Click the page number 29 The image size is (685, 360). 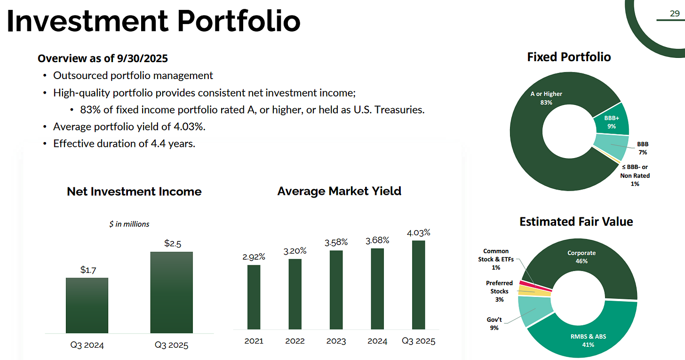(x=674, y=14)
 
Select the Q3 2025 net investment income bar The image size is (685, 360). (x=171, y=292)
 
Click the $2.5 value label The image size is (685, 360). (x=172, y=243)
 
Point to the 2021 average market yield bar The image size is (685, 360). (x=254, y=296)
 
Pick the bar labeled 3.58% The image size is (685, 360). (x=336, y=289)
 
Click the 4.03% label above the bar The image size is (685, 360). (x=418, y=232)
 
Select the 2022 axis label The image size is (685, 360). (x=295, y=341)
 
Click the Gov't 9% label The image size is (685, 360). (x=494, y=323)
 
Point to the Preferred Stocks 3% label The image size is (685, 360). (x=499, y=291)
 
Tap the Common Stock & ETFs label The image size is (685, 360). (x=496, y=259)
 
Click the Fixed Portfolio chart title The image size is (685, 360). (x=569, y=57)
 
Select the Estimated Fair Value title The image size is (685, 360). (x=576, y=221)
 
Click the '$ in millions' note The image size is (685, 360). (x=129, y=224)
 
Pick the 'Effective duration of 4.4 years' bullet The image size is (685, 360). (x=124, y=144)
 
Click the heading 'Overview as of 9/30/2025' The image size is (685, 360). (x=103, y=58)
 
